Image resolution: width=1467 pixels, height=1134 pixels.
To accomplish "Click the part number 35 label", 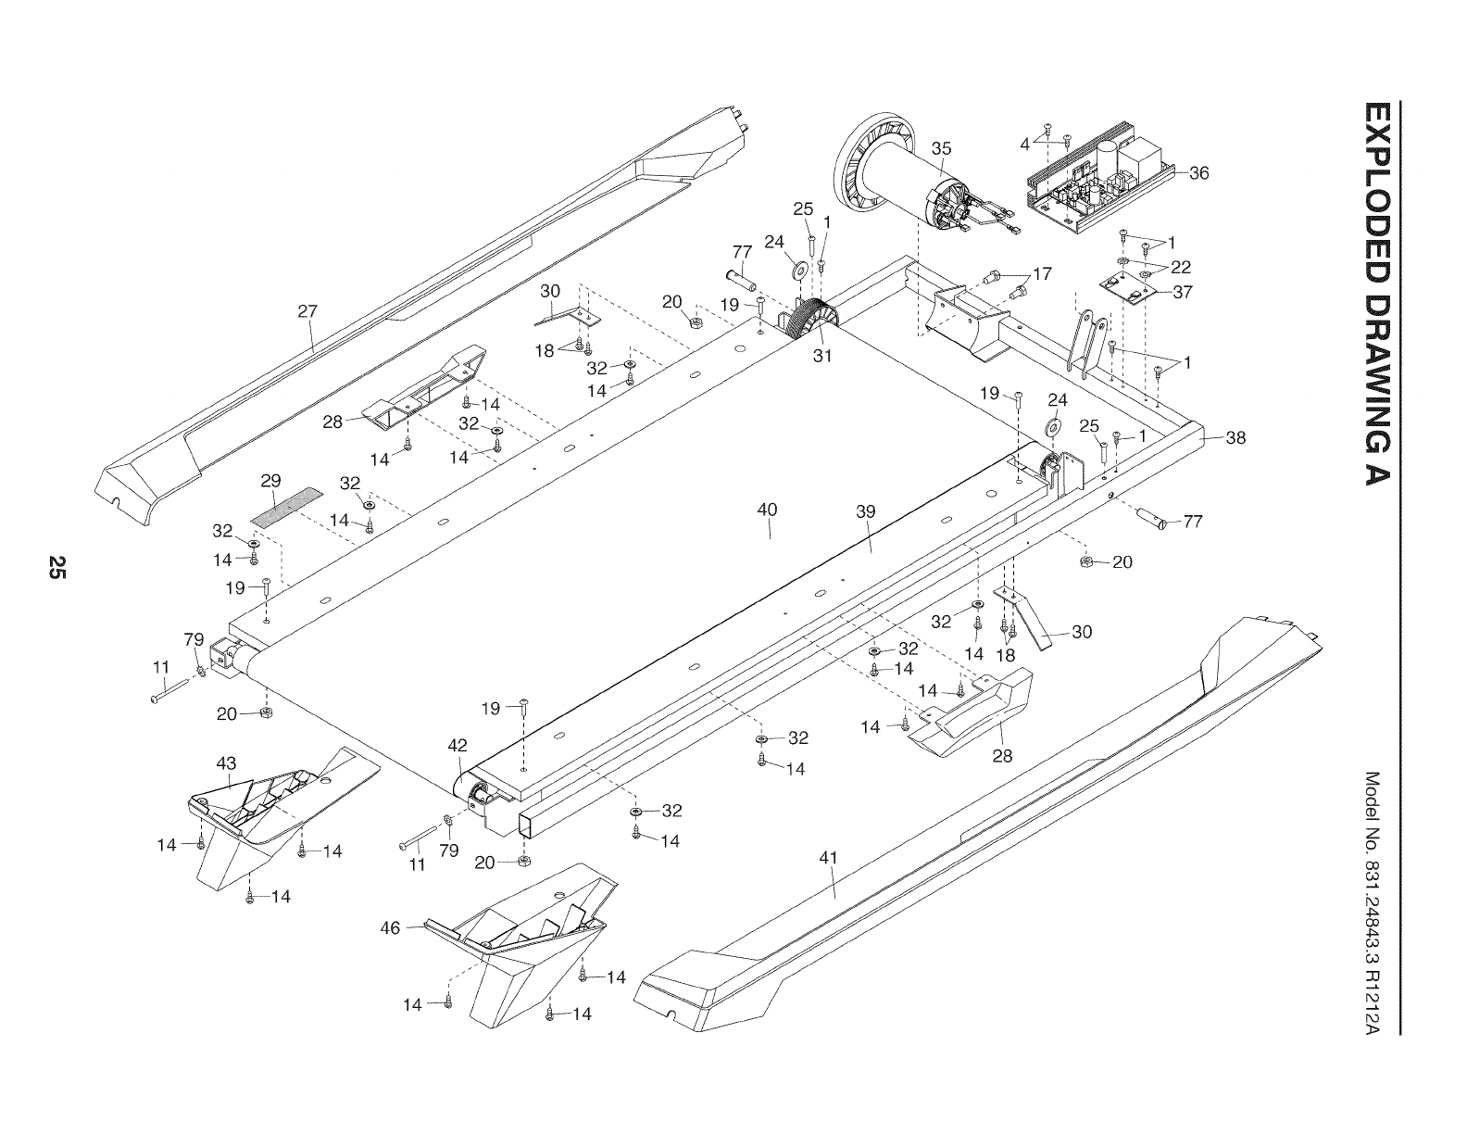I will point(941,148).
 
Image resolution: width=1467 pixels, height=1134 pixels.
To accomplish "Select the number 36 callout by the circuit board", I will point(1198,172).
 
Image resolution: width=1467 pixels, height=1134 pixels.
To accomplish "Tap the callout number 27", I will point(307,311).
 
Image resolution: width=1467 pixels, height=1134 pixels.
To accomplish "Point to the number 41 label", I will point(829,858).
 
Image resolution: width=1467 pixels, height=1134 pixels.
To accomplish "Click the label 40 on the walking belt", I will point(767,510).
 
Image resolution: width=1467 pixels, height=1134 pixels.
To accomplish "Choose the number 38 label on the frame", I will point(1235,438).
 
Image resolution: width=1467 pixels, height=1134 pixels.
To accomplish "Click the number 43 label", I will point(226,763).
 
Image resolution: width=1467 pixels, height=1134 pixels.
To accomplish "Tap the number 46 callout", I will point(390,927).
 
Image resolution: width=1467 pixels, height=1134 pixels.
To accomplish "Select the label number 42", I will point(458,745).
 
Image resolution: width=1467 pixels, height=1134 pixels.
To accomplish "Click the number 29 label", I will point(270,481).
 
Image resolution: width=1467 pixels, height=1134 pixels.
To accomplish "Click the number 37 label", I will point(1183,292).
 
